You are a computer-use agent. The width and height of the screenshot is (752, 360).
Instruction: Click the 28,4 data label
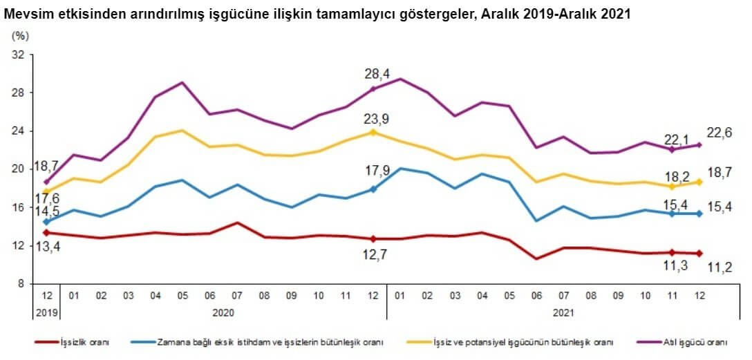tap(377, 74)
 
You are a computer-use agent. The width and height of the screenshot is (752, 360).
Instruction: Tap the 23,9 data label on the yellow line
tap(377, 118)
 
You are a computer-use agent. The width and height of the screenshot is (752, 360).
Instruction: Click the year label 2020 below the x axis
tap(223, 312)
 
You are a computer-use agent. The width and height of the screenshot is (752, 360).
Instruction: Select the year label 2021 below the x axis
tap(564, 312)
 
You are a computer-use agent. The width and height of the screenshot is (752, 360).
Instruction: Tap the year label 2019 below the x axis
tap(46, 312)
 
